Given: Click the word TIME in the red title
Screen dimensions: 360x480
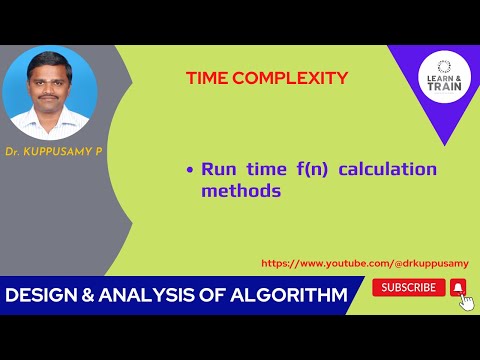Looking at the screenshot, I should [208, 77].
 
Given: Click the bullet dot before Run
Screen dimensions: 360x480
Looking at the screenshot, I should [189, 171].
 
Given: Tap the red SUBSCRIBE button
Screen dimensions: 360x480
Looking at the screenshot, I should [408, 287].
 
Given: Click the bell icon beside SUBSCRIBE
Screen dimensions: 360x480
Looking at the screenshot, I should [458, 287].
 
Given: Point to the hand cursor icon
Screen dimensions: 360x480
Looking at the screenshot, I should [466, 302].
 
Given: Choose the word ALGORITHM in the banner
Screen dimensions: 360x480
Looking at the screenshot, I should [291, 296].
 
